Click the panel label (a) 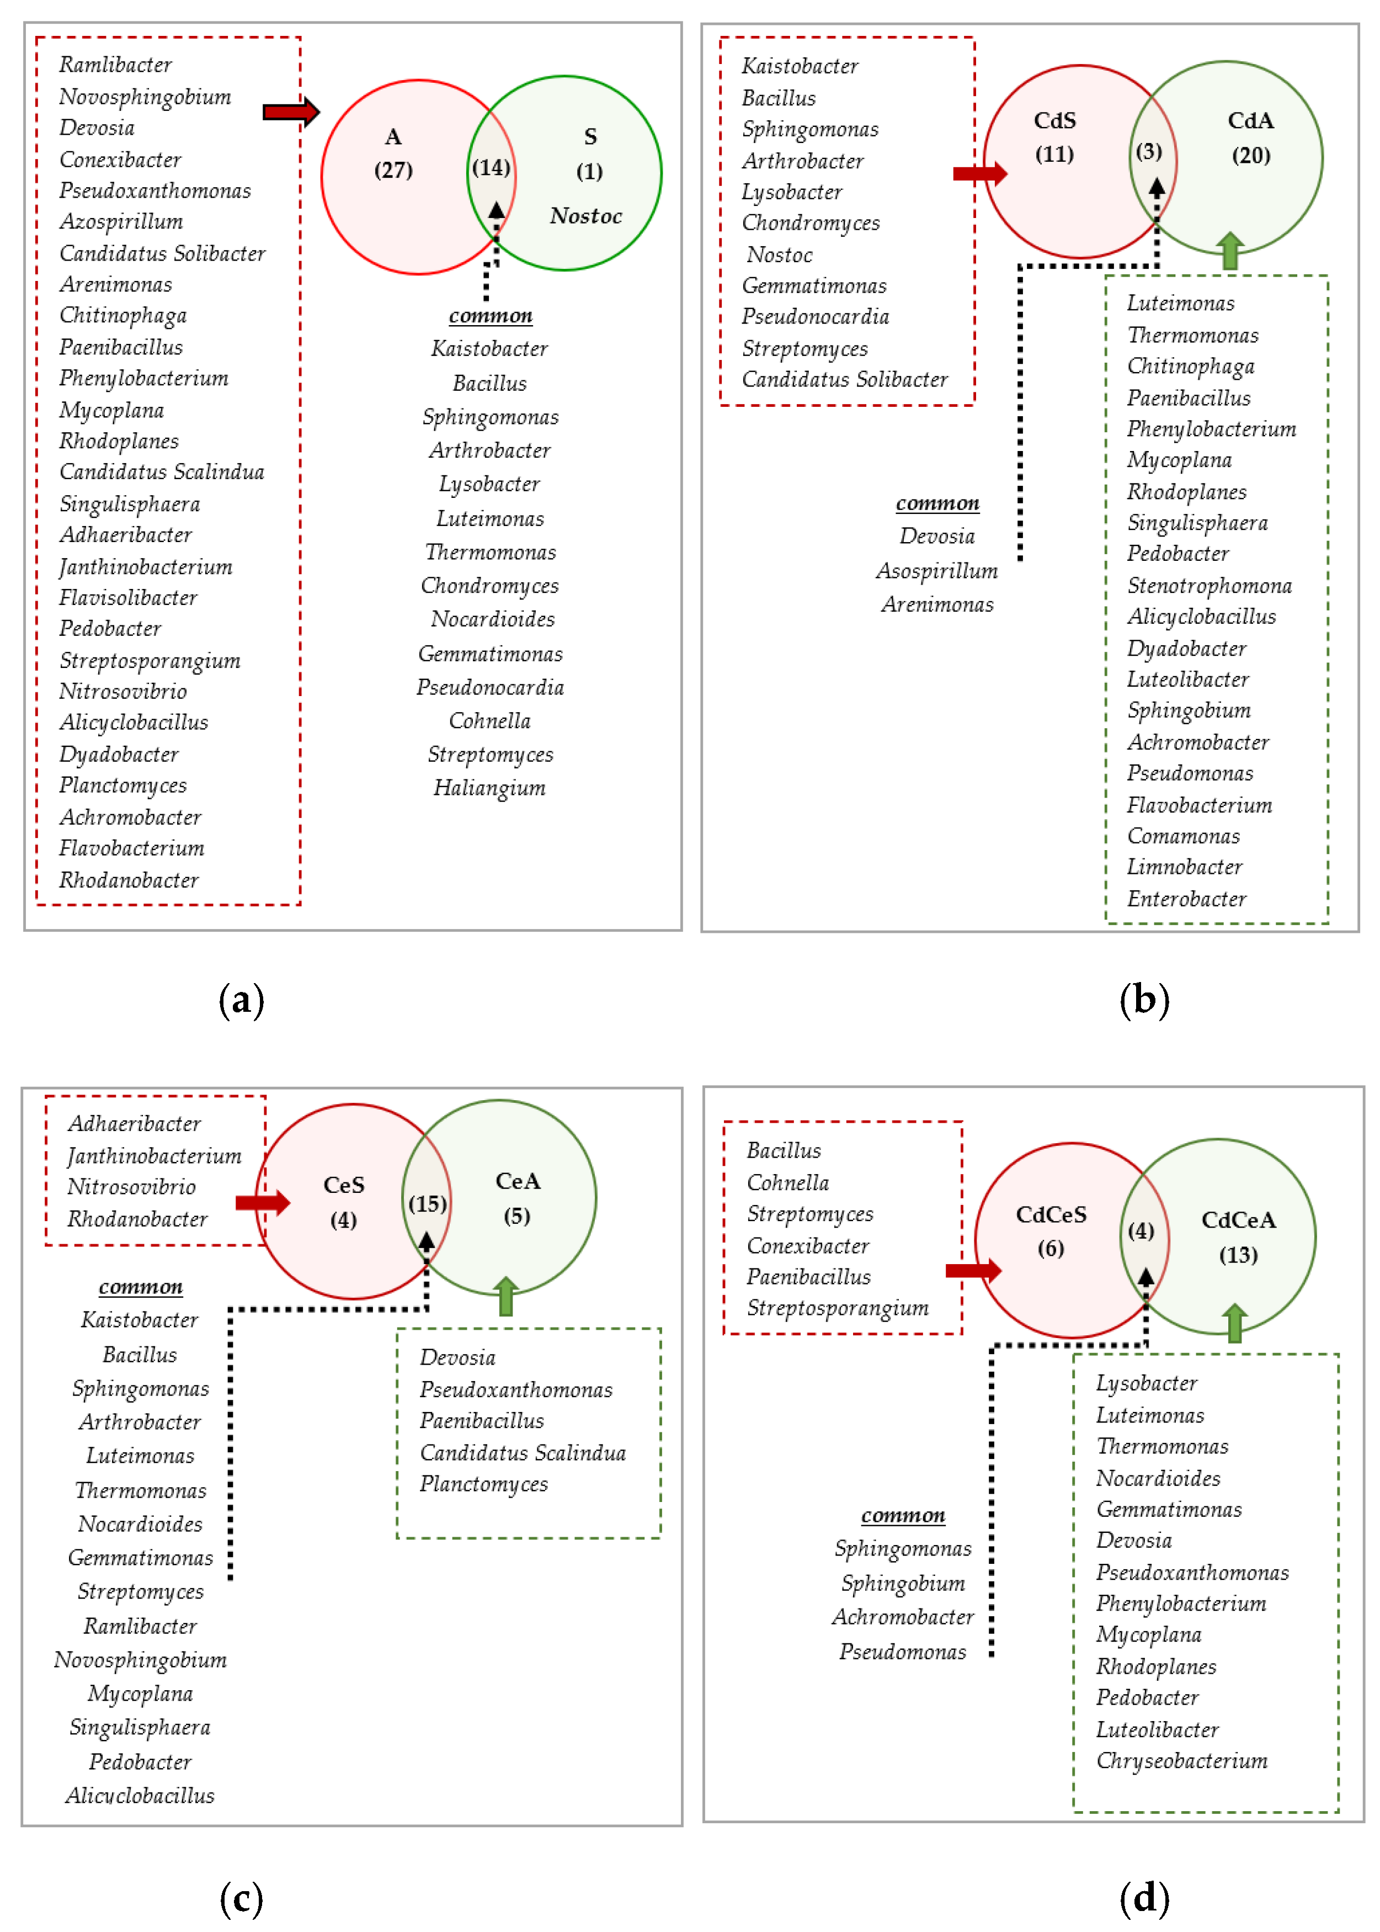241,1000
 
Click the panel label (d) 1144,1897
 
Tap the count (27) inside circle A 393,170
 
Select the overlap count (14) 491,167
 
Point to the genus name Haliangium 489,788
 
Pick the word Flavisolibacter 129,597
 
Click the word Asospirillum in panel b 937,570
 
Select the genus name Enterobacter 1186,899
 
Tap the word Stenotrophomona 1209,586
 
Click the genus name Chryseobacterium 1181,1760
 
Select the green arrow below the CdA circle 1229,252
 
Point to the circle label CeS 344,1185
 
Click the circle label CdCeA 1238,1220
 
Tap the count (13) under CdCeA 1238,1255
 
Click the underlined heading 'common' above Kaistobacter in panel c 141,1287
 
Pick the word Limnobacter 1185,867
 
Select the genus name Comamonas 1183,836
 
